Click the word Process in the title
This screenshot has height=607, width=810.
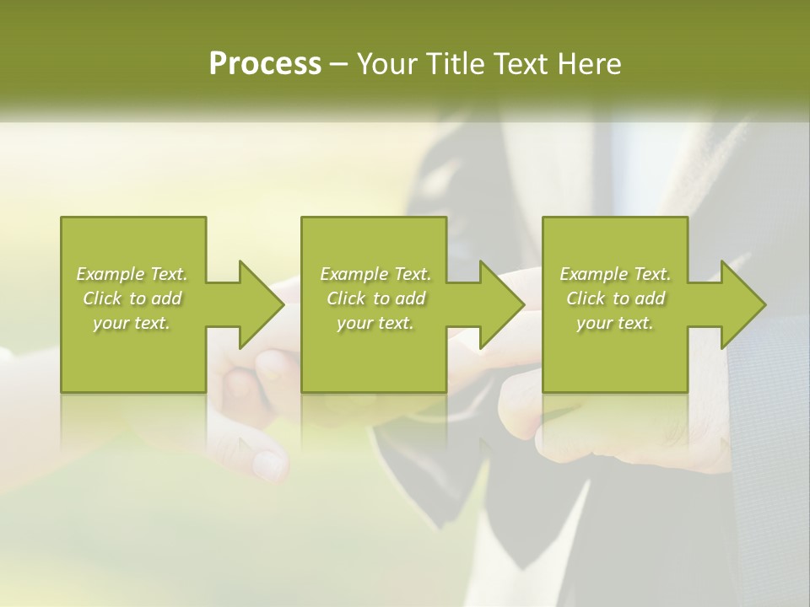(265, 64)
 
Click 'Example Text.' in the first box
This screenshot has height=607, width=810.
(132, 274)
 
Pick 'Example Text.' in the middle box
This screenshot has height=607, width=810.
(375, 274)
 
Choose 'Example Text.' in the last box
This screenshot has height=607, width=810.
(615, 274)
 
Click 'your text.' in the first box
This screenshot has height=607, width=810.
(132, 323)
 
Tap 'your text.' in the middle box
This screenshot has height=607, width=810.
(375, 323)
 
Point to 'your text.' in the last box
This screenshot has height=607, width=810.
(615, 323)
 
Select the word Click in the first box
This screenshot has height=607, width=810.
(101, 298)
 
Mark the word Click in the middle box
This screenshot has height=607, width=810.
(345, 298)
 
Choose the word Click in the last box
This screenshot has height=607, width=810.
(585, 298)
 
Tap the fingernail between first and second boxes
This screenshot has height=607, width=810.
(271, 363)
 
